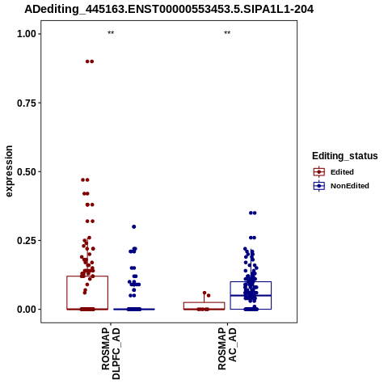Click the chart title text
[169, 10]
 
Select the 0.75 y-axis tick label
[27, 103]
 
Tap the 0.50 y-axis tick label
[27, 171]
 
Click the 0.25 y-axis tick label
[27, 240]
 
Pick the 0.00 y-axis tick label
[27, 310]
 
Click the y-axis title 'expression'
[9, 171]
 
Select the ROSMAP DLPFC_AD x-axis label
[111, 353]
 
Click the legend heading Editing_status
[345, 156]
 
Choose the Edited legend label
[342, 172]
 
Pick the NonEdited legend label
[350, 186]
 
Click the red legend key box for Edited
[319, 172]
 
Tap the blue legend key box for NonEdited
[319, 186]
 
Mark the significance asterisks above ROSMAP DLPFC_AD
[111, 33]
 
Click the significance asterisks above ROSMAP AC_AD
[227, 33]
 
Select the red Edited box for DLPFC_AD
[87, 276]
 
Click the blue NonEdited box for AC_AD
[251, 282]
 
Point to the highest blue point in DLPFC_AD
[134, 226]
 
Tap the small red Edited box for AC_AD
[204, 302]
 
